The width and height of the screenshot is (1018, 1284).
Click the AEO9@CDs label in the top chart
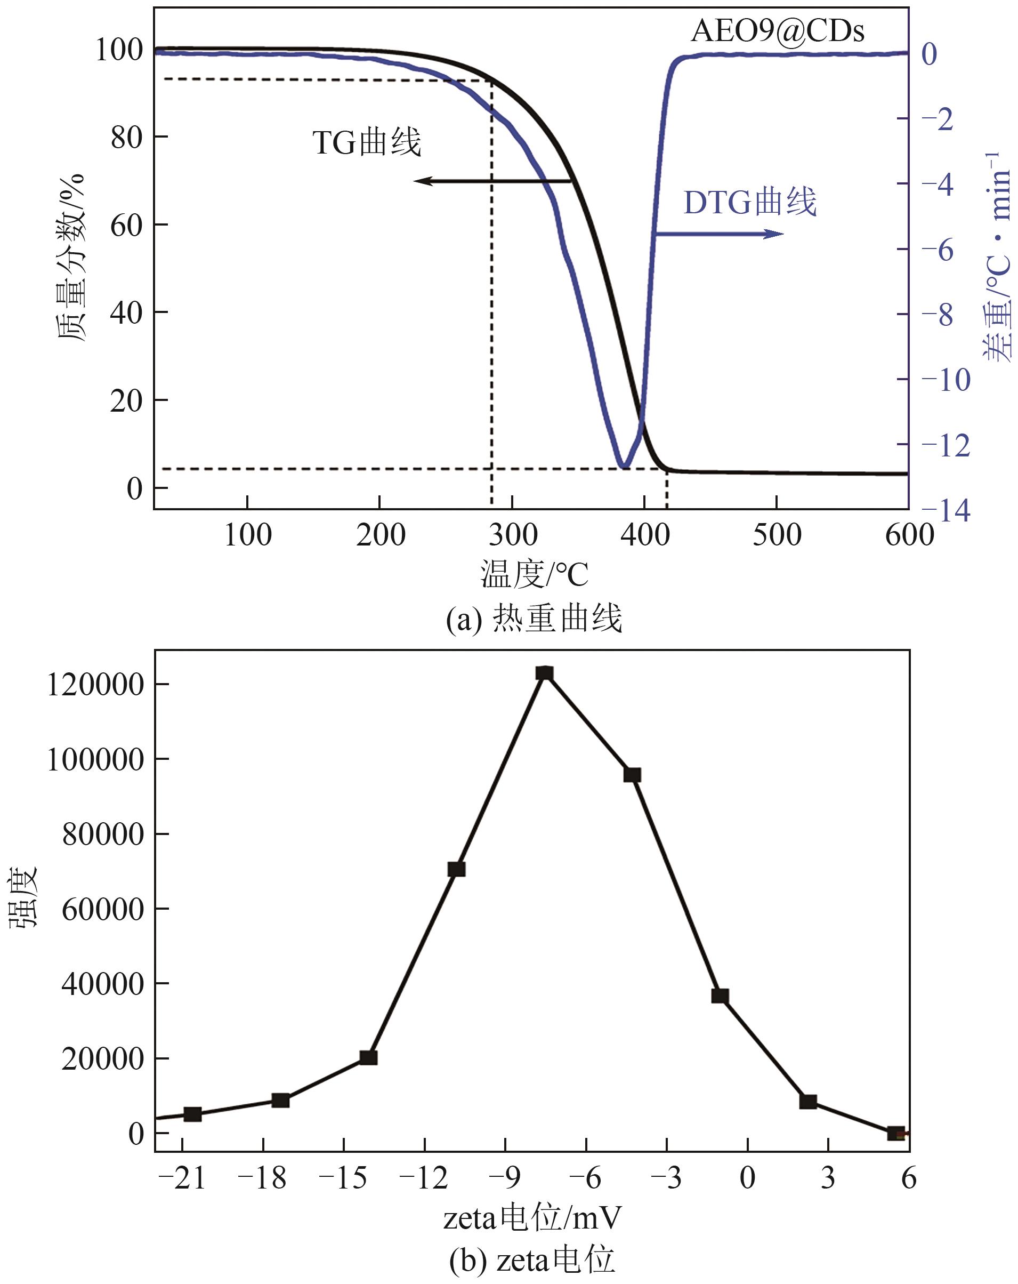777,31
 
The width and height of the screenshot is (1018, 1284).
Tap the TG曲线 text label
367,142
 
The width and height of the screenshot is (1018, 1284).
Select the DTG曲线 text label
749,203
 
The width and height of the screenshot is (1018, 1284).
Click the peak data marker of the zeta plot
544,673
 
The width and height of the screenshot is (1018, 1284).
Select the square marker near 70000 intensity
456,869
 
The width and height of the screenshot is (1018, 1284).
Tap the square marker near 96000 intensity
632,775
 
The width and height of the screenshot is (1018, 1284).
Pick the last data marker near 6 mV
896,1133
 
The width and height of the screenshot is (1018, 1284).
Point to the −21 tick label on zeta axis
182,1178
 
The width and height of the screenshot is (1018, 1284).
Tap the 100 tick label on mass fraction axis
119,50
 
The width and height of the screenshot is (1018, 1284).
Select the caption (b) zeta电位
531,1260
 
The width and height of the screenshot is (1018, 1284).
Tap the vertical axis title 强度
24,897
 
